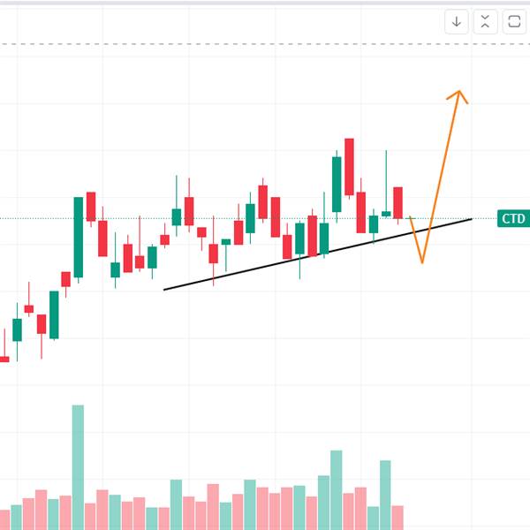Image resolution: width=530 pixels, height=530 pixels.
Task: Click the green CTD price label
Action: tap(513, 218)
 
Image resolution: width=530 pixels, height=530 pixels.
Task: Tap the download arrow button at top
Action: tap(457, 22)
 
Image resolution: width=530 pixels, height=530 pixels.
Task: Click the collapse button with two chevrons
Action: tap(485, 22)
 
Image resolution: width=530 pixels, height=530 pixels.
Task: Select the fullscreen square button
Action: tap(514, 22)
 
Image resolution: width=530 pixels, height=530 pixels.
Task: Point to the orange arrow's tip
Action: tap(459, 91)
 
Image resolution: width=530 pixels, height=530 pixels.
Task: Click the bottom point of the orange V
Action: tap(422, 262)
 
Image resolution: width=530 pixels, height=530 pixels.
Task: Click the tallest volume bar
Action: tap(78, 467)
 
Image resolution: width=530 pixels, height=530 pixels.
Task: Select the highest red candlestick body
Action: tap(349, 167)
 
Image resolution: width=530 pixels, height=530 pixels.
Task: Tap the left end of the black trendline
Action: tap(164, 290)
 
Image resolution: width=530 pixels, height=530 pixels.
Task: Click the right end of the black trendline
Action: tap(472, 219)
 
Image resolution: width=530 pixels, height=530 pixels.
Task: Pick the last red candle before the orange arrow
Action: tap(397, 203)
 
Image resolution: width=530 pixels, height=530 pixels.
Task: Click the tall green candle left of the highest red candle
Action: tap(337, 185)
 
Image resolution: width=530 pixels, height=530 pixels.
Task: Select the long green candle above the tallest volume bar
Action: tap(79, 238)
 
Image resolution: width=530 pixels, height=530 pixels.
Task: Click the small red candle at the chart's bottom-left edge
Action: tap(4, 359)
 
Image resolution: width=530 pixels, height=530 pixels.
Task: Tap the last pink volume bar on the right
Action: tap(397, 518)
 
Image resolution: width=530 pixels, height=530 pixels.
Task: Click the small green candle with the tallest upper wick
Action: tap(386, 214)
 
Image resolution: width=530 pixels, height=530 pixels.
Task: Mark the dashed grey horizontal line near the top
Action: tap(265, 44)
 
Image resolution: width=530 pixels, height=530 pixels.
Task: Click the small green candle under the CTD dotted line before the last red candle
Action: tap(374, 224)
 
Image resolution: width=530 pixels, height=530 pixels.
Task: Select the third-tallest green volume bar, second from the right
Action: tap(385, 496)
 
